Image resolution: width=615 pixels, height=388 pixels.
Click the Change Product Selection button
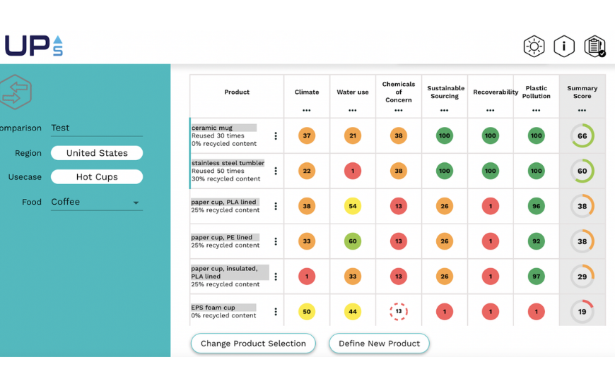click(253, 344)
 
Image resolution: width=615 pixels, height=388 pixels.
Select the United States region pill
click(97, 153)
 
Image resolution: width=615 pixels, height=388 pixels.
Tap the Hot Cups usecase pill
click(97, 177)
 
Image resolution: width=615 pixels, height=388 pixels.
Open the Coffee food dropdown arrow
click(136, 203)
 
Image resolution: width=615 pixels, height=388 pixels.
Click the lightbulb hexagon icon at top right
click(534, 47)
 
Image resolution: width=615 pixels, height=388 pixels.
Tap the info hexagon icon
click(564, 47)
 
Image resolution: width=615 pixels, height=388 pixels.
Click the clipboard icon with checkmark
click(594, 47)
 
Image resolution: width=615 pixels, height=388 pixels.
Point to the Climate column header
click(306, 92)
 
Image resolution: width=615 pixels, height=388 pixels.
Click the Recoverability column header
click(490, 92)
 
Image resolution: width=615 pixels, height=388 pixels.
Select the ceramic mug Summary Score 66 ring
click(582, 136)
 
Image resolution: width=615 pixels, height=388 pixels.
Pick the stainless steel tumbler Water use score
click(352, 171)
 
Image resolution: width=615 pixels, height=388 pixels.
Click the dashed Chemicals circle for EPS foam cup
click(399, 312)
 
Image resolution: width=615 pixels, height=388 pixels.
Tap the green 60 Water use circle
click(352, 241)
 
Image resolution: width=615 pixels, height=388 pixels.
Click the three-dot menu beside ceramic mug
click(276, 136)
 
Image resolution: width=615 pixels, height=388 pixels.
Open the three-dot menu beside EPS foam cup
click(276, 312)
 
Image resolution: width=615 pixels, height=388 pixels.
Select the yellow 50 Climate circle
click(306, 312)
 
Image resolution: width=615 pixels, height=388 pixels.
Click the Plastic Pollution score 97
click(536, 277)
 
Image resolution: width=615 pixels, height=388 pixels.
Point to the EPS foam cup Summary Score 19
click(582, 312)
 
